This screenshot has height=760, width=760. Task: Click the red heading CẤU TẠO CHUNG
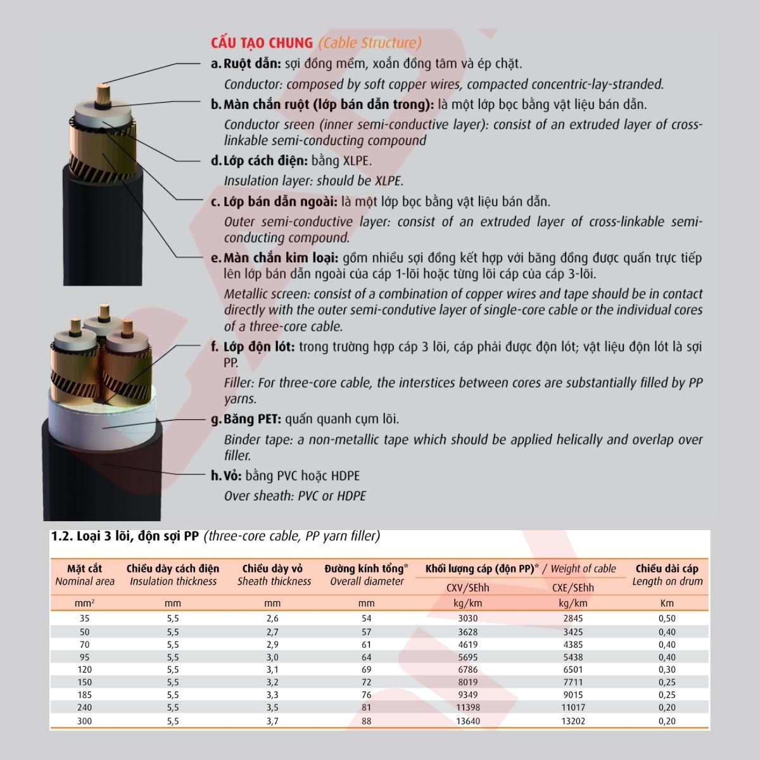pos(262,43)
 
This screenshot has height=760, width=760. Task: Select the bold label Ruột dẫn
pos(251,64)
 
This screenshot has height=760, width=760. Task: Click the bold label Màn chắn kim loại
pos(281,258)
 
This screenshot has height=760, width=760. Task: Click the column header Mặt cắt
pos(84,569)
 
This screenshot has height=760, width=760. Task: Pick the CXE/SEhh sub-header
pos(573,588)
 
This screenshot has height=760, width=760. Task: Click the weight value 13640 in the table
pos(468,721)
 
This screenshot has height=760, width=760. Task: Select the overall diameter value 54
pos(366,619)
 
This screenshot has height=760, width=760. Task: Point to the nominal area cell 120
pos(84,669)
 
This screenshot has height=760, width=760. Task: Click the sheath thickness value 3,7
pos(272,721)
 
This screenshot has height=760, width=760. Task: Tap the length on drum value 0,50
pos(666,619)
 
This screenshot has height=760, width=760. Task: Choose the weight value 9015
pos(573,695)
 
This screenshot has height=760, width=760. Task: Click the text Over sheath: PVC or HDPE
pos(294,496)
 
